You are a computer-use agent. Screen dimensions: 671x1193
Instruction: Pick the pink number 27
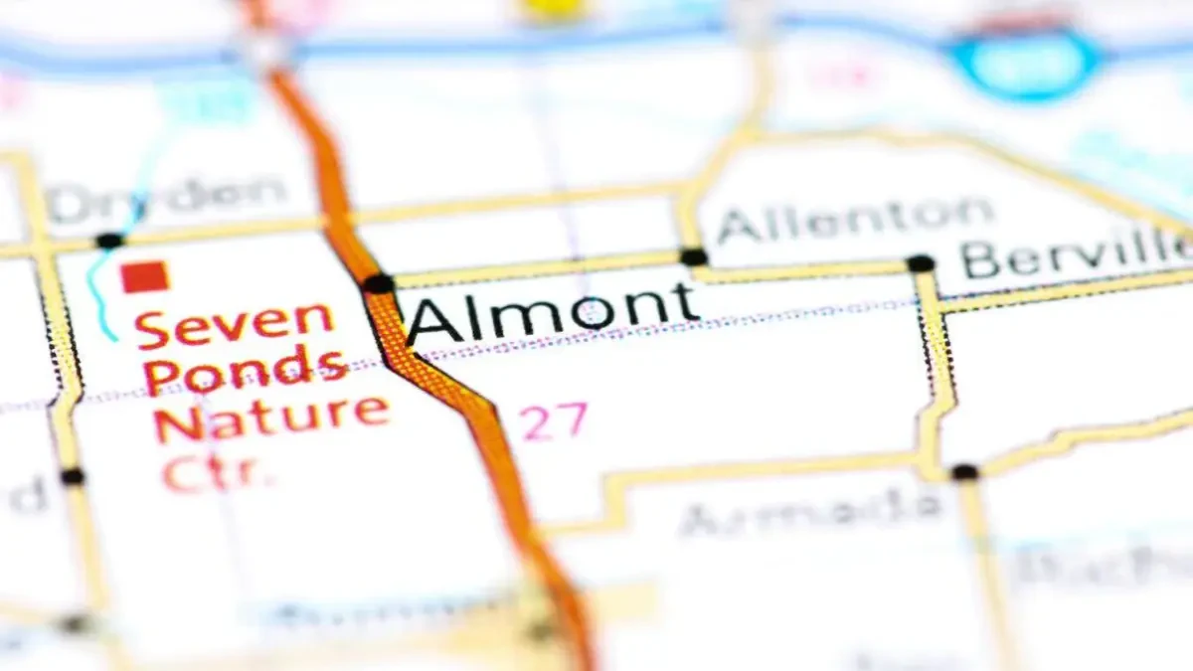554,422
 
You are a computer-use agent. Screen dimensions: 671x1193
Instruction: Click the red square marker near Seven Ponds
144,276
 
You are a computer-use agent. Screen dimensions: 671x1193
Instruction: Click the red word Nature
270,417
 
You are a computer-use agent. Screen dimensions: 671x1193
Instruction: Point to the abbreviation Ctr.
218,471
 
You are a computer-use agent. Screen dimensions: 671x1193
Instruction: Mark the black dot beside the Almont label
379,284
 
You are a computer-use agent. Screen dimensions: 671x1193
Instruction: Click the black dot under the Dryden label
109,241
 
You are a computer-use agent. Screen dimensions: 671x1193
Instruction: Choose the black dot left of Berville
921,263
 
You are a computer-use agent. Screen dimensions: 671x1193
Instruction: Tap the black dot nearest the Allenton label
693,256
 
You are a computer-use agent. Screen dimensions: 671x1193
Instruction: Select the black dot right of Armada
963,472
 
